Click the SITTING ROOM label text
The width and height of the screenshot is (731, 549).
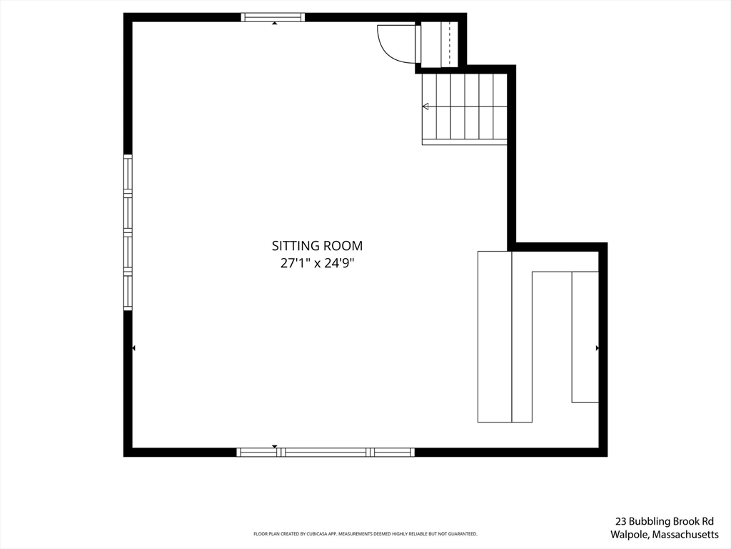pos(317,246)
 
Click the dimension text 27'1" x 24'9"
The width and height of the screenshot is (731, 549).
pos(317,263)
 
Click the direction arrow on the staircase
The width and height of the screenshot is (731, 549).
pos(426,107)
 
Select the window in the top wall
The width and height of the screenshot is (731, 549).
pos(273,17)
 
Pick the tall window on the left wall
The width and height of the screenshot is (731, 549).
pos(128,232)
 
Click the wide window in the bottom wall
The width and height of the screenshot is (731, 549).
pos(326,452)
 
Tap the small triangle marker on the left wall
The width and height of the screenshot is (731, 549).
pos(133,348)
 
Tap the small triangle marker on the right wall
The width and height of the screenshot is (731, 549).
pos(598,348)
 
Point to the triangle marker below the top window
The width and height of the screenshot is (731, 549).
pos(275,24)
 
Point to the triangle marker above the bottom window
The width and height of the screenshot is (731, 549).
pos(275,446)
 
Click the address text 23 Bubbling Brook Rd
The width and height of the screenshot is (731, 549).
pos(664,522)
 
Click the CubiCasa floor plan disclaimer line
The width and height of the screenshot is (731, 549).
pos(365,534)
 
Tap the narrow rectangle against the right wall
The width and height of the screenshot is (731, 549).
pos(585,337)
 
